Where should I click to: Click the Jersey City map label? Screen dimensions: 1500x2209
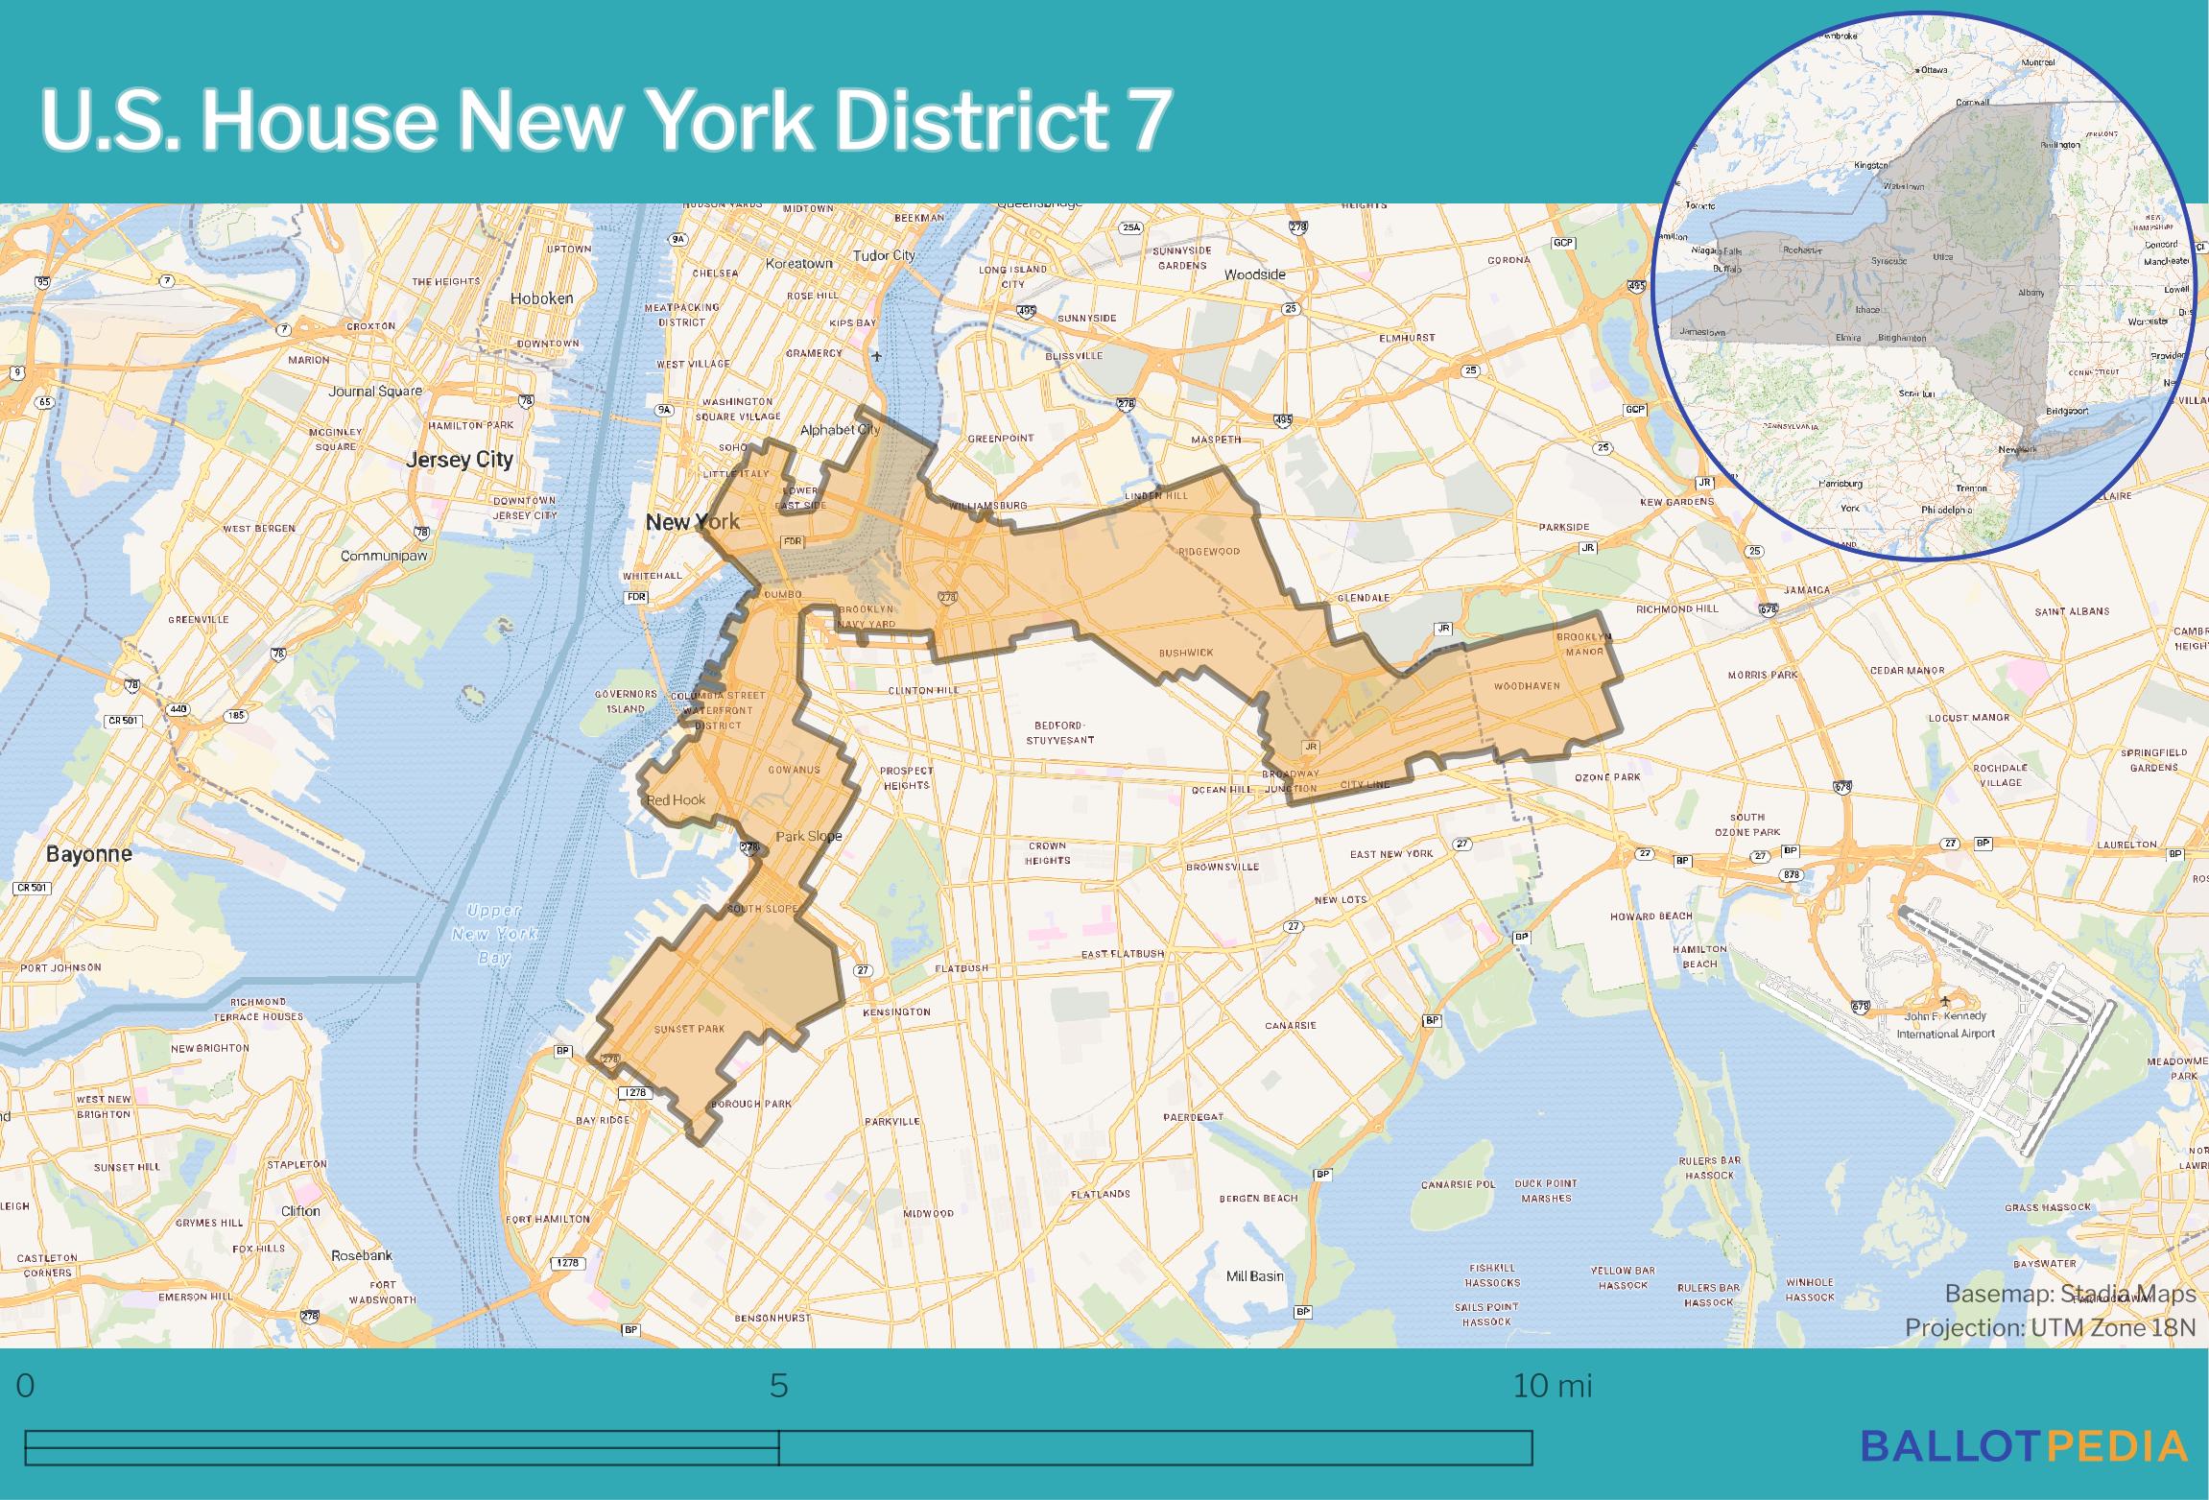click(x=459, y=460)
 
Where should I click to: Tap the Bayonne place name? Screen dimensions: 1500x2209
click(x=89, y=853)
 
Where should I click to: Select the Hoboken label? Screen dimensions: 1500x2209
click(x=541, y=298)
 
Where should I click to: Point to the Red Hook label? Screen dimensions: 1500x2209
click(x=676, y=799)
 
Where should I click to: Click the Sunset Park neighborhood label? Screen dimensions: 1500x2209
click(x=688, y=1029)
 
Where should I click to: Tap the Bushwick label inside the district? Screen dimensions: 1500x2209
click(x=1186, y=653)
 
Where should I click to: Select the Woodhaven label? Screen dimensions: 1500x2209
click(x=1526, y=686)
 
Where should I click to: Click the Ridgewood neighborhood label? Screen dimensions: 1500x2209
click(x=1209, y=552)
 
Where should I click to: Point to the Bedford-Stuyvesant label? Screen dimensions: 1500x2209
click(x=1059, y=732)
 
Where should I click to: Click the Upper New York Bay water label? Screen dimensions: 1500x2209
click(x=493, y=934)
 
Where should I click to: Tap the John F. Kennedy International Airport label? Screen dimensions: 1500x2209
click(x=1945, y=1024)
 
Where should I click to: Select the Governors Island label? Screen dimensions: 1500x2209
click(x=626, y=701)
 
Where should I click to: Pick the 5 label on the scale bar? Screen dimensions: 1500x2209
click(x=778, y=1386)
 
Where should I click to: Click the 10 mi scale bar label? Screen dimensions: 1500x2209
click(x=1552, y=1386)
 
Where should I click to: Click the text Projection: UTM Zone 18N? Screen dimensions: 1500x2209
click(x=2050, y=1327)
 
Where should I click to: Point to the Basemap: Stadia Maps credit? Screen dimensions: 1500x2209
click(x=2070, y=1294)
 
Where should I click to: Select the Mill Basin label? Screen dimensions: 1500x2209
click(x=1254, y=1276)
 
